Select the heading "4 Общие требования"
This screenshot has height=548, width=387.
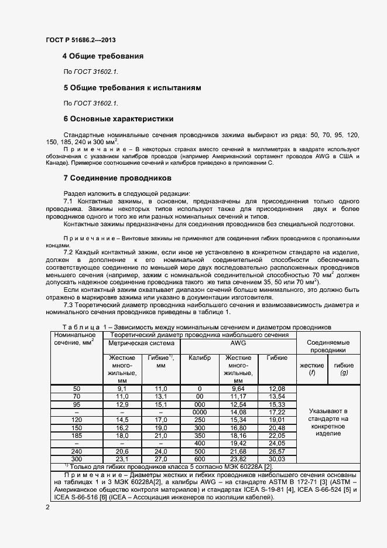pyautogui.click(x=103, y=57)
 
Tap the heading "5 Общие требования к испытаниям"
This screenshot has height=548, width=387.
pyautogui.click(x=132, y=88)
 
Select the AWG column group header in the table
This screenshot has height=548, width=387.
pyautogui.click(x=238, y=343)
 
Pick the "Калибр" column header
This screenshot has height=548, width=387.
pyautogui.click(x=200, y=358)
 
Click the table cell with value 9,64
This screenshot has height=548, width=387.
pyautogui.click(x=238, y=389)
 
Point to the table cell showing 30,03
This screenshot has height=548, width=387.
pyautogui.click(x=276, y=459)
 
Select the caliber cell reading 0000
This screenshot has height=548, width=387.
pyautogui.click(x=200, y=412)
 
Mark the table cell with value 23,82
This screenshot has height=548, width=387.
pyautogui.click(x=238, y=459)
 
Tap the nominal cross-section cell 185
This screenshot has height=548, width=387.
pyautogui.click(x=77, y=435)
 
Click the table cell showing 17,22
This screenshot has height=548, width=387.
pyautogui.click(x=276, y=412)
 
